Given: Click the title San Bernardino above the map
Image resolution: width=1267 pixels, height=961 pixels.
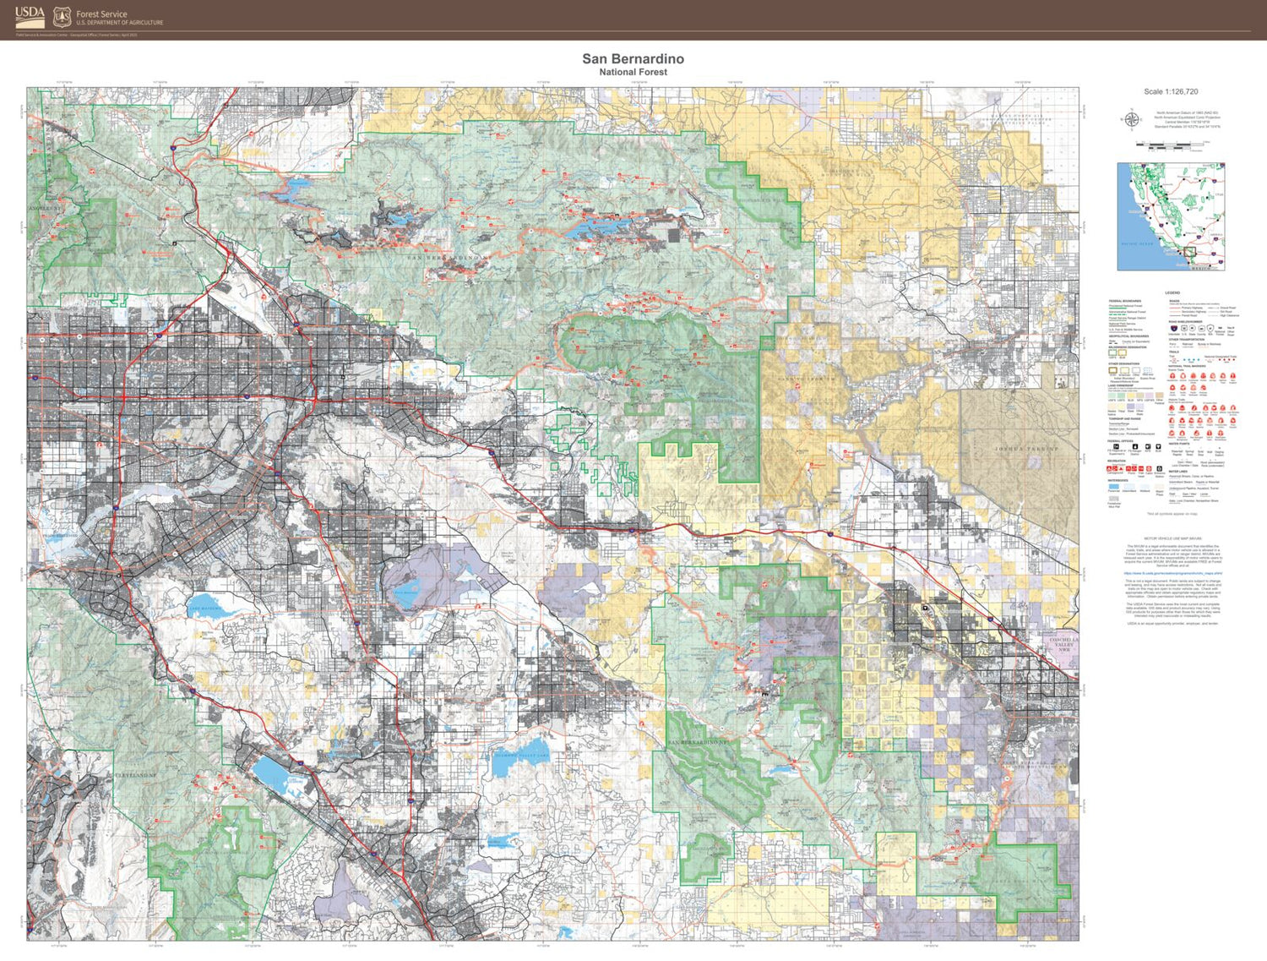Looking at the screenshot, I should click(633, 58).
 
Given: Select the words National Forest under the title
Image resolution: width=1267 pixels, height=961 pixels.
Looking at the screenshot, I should click(633, 73).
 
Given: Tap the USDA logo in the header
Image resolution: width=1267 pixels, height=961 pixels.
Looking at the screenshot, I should click(30, 17).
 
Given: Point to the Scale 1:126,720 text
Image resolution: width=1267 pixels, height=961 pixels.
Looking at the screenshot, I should click(1171, 91).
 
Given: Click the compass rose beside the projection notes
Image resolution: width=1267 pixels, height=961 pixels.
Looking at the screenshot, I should click(1130, 119).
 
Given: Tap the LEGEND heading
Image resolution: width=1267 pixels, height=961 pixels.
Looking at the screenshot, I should click(1172, 292).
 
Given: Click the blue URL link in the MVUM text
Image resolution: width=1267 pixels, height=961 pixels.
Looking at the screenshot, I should click(1172, 573).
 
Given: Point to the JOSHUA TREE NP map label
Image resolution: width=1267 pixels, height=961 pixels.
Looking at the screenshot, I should click(1025, 449).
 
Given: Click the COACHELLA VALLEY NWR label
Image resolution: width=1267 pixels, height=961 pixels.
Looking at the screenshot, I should click(1063, 644).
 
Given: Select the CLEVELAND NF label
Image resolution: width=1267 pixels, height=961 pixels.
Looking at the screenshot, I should click(135, 774).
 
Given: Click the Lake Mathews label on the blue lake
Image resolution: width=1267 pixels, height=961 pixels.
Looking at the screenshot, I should click(204, 608).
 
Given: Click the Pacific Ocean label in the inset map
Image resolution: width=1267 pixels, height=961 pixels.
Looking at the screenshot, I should click(1136, 244).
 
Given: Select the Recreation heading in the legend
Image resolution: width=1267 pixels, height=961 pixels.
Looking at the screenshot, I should click(1117, 461).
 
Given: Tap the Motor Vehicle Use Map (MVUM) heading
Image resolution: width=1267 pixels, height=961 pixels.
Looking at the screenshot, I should click(1172, 538).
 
